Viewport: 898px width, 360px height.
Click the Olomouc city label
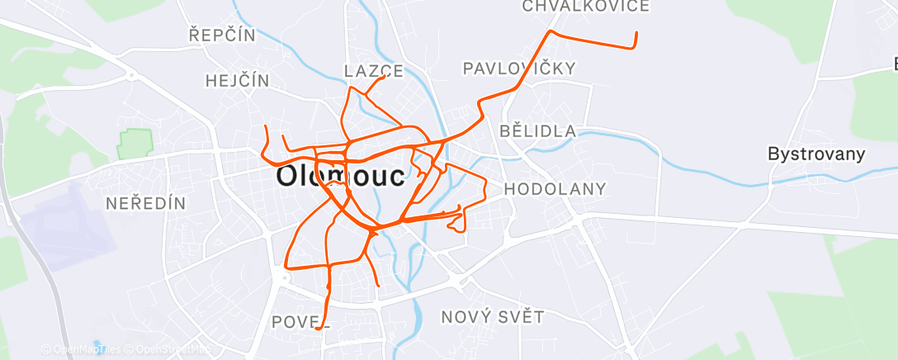(x=340, y=176)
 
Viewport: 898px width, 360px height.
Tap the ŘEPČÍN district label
(x=222, y=36)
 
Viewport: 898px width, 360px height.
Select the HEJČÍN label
(x=237, y=80)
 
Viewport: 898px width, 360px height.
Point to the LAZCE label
(x=373, y=71)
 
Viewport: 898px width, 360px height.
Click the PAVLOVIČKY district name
(x=518, y=69)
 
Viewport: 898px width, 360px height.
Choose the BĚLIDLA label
(x=537, y=131)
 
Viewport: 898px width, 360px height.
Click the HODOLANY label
(x=555, y=189)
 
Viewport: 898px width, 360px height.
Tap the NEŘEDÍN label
(x=146, y=203)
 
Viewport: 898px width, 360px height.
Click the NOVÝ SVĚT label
(x=492, y=317)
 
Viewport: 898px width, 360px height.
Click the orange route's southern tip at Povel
(x=318, y=328)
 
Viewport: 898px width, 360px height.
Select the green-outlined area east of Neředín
(x=135, y=144)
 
